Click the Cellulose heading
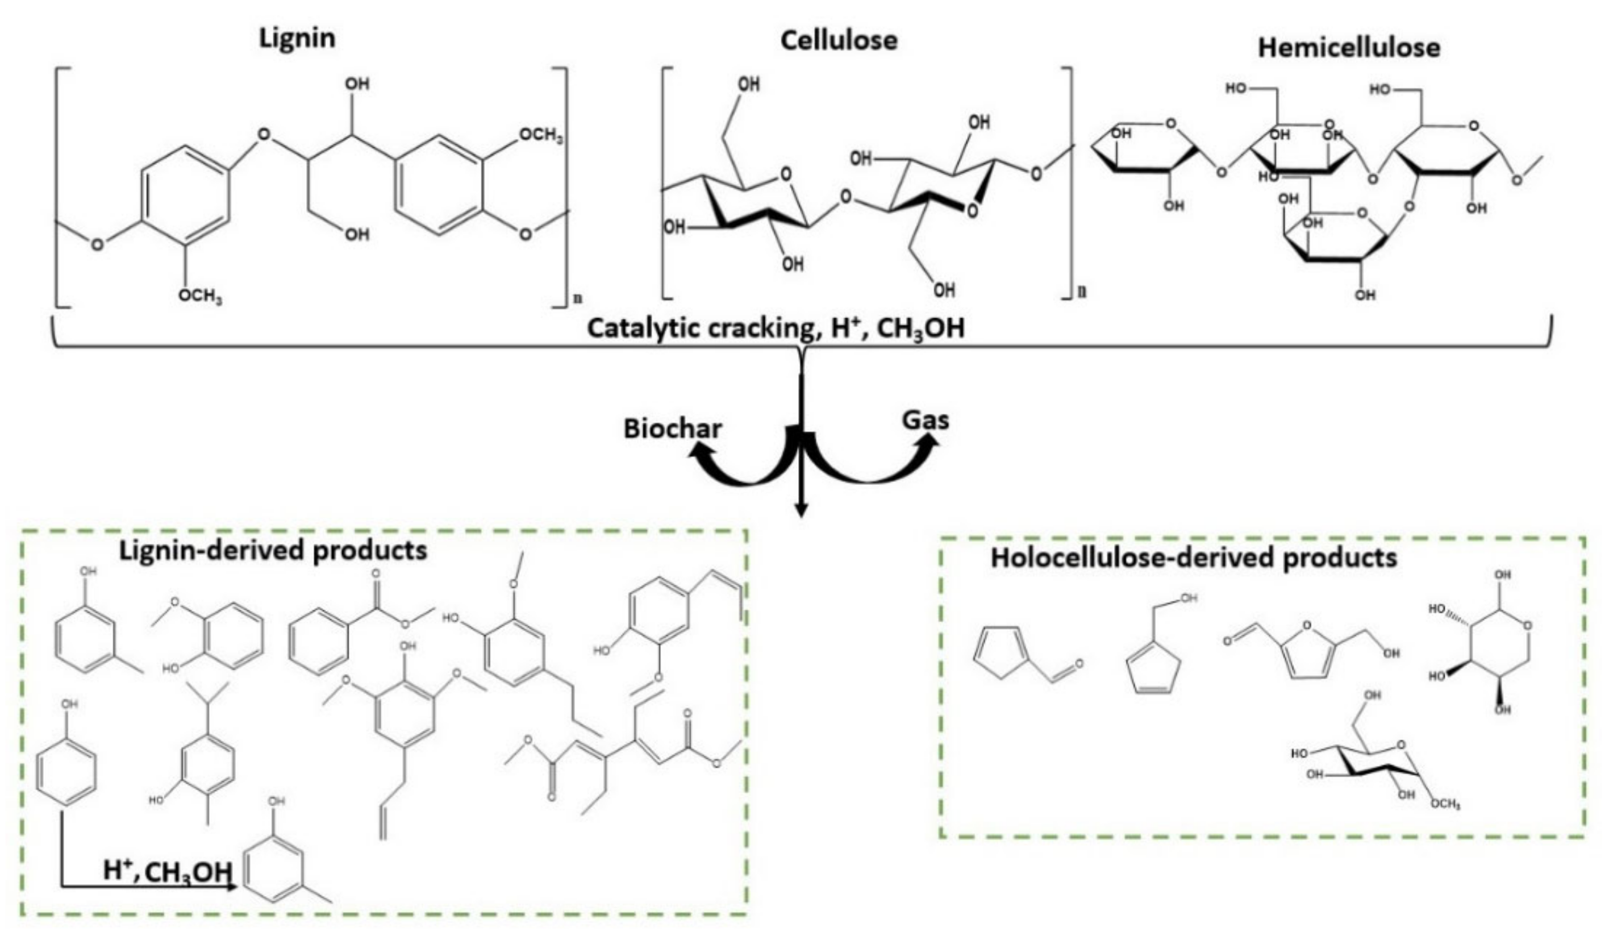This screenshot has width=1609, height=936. [839, 41]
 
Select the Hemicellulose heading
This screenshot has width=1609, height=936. [1348, 48]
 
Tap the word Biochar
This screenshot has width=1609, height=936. [672, 429]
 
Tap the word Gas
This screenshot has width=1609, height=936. [924, 421]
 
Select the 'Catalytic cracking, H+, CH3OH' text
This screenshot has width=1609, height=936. [775, 330]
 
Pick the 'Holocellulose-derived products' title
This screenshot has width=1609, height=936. [1193, 558]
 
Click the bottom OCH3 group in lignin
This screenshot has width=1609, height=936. [200, 296]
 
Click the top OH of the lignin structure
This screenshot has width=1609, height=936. [356, 84]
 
